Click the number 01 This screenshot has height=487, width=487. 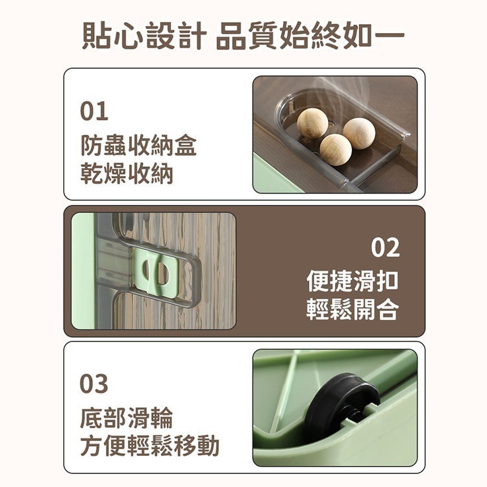[x=94, y=112]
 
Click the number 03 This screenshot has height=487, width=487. [x=94, y=384]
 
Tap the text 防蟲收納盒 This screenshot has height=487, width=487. [x=138, y=145]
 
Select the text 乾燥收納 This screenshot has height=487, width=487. [x=127, y=174]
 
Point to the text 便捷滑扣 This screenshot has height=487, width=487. [x=353, y=281]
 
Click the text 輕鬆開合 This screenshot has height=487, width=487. [x=353, y=310]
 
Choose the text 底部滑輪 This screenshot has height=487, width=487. [x=127, y=418]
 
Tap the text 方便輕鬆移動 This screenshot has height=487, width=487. [x=149, y=446]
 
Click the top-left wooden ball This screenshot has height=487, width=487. [x=312, y=123]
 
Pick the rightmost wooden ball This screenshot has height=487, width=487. [x=359, y=132]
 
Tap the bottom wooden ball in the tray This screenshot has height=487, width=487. [x=336, y=149]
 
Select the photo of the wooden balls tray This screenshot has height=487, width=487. [x=334, y=134]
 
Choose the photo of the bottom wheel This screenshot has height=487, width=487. [x=334, y=407]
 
